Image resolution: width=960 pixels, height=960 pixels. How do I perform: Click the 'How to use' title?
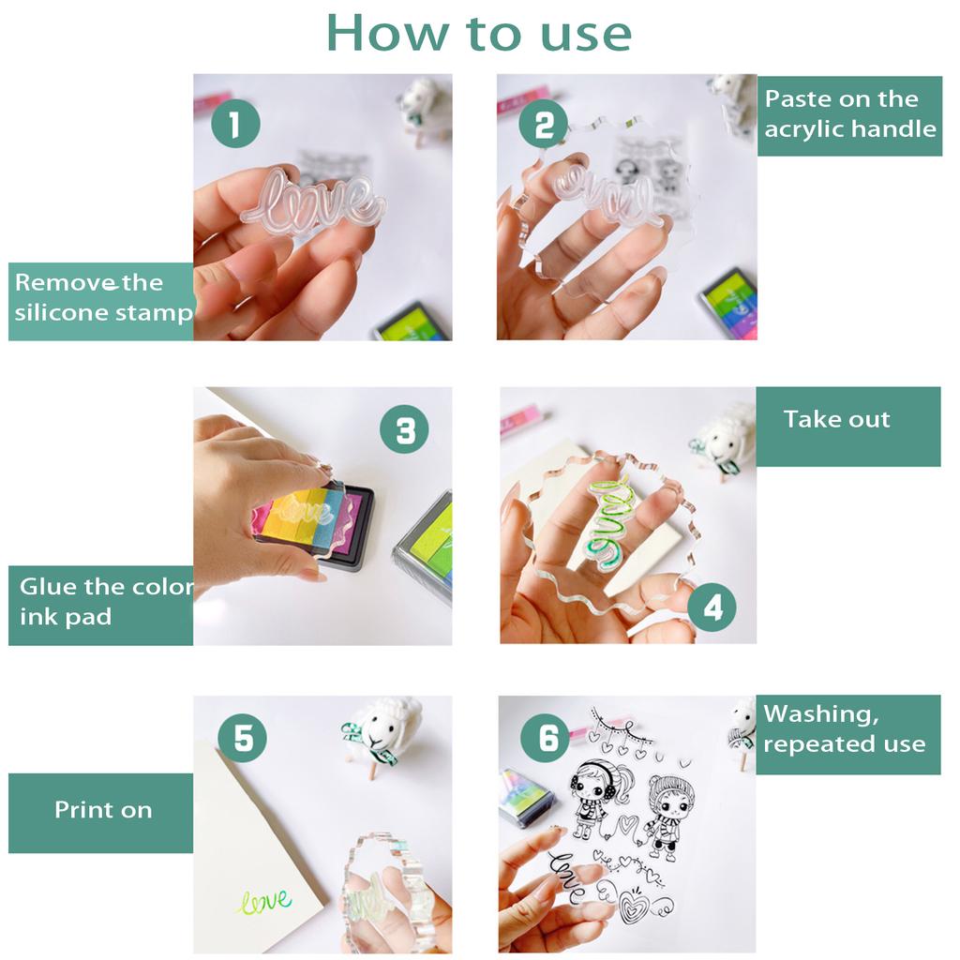point(479,34)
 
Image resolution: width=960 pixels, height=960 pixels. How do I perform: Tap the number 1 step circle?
point(235,123)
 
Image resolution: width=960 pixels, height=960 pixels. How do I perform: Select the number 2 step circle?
point(543,125)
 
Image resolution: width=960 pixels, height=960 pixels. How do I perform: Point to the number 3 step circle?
point(404,429)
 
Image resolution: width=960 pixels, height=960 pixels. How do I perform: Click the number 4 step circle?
point(712,607)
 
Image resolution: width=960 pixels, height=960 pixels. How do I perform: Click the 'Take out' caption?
point(836,419)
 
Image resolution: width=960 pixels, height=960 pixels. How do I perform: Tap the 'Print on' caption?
point(103,810)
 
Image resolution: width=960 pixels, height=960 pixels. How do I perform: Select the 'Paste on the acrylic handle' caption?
point(849,114)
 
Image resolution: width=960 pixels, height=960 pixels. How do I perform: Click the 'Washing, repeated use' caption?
point(845,729)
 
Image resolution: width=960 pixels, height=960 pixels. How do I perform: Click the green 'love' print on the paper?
point(264,901)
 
